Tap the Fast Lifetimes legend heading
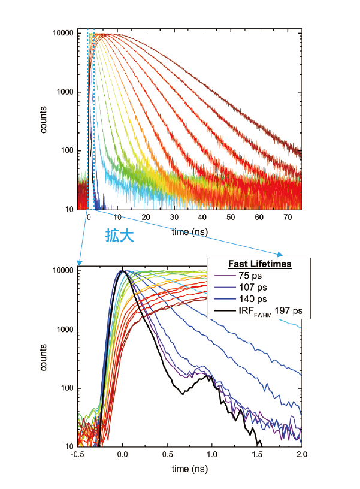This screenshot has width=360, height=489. pyautogui.click(x=259, y=264)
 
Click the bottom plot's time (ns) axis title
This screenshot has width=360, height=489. pyautogui.click(x=189, y=467)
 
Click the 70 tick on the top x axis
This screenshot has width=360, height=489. pyautogui.click(x=287, y=218)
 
